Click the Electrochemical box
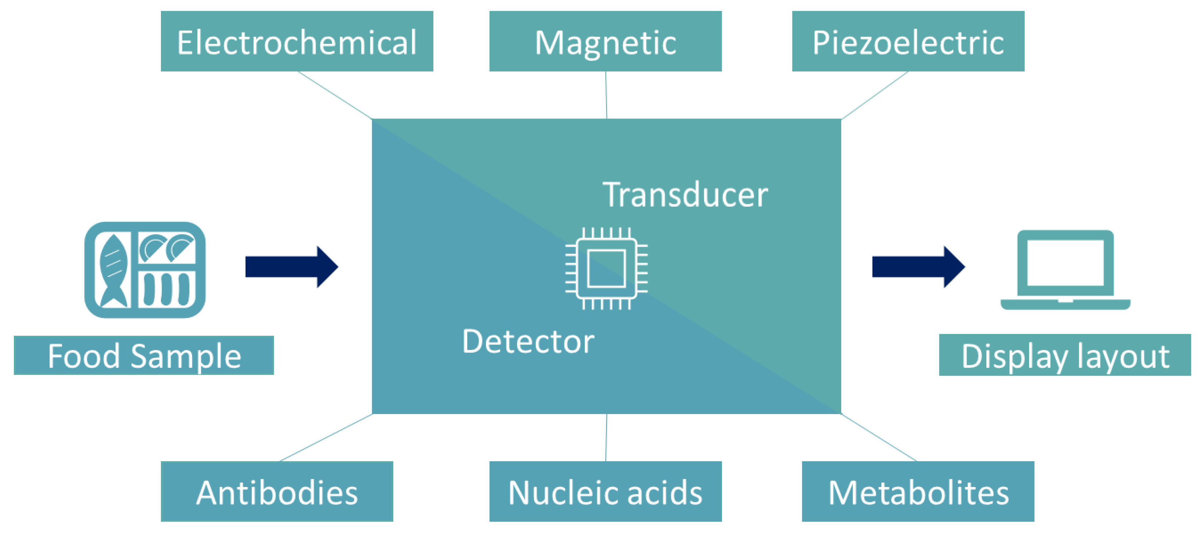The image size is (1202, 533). [x=297, y=42]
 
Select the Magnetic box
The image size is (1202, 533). [x=605, y=42]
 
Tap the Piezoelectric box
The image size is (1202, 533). [x=908, y=42]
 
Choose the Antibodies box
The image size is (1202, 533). [x=277, y=491]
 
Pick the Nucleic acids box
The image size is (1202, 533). [x=605, y=491]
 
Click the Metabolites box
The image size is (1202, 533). [x=917, y=491]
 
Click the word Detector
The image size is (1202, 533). [x=528, y=341]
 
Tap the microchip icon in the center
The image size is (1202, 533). [x=606, y=269]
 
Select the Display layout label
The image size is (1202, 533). [x=1065, y=355]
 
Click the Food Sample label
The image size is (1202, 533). [x=144, y=355]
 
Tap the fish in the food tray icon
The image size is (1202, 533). [x=113, y=271]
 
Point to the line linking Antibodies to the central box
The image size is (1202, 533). [x=326, y=437]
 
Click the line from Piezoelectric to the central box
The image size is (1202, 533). [x=874, y=95]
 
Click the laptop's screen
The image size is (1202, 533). [x=1065, y=262]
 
